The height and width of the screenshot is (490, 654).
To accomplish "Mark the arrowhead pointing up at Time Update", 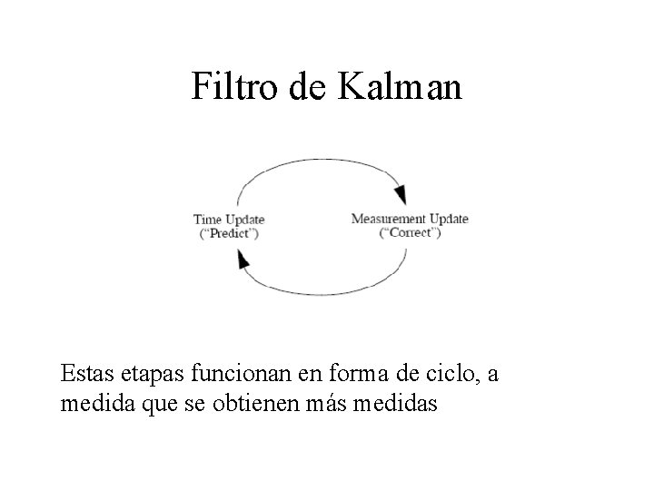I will click(x=243, y=260).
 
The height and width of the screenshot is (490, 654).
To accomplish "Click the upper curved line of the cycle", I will click(x=318, y=160).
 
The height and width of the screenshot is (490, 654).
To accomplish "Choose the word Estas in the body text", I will click(x=87, y=374).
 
